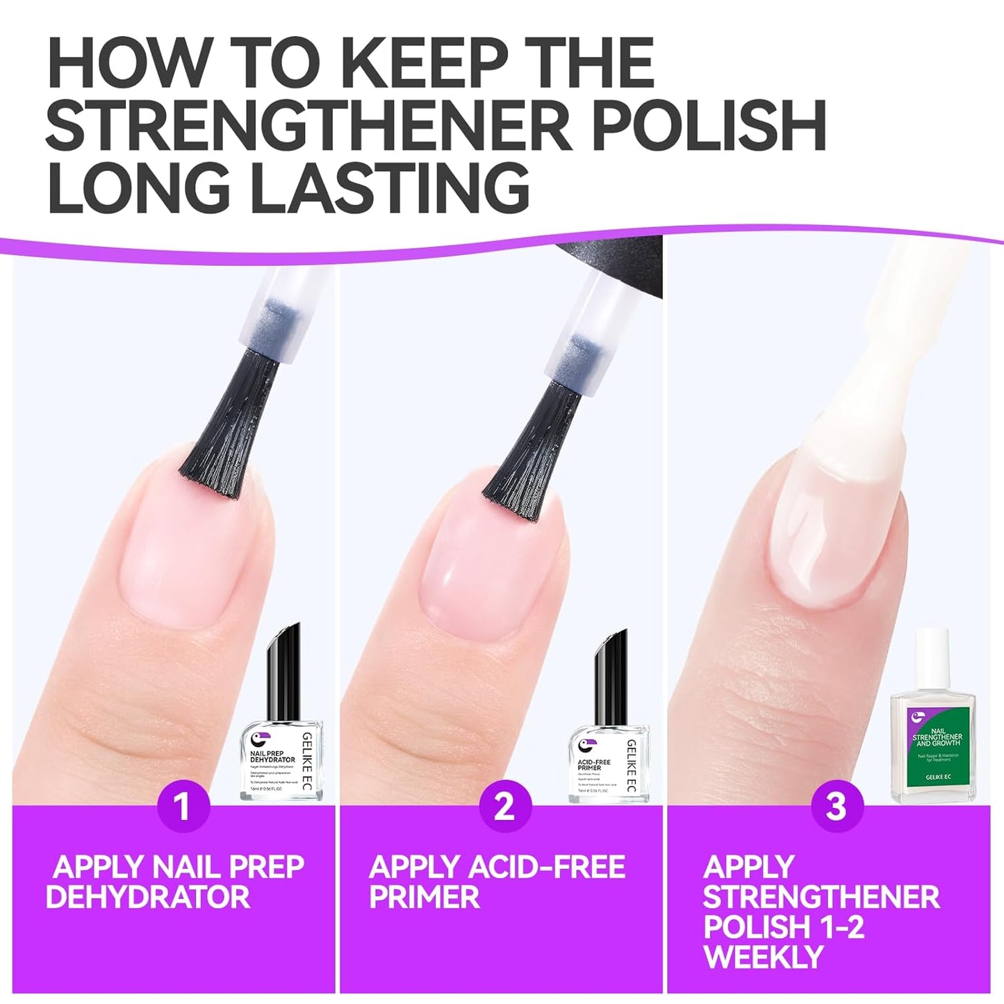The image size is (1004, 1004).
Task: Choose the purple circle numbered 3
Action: pos(836,806)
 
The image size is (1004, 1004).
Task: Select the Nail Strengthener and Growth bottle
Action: pos(933,730)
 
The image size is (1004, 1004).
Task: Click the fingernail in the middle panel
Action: pos(486,563)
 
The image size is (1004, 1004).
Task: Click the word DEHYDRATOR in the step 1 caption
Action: pos(147,897)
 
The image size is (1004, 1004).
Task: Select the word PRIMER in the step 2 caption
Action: pos(424,897)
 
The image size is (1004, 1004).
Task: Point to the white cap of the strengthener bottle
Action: pos(932,650)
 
